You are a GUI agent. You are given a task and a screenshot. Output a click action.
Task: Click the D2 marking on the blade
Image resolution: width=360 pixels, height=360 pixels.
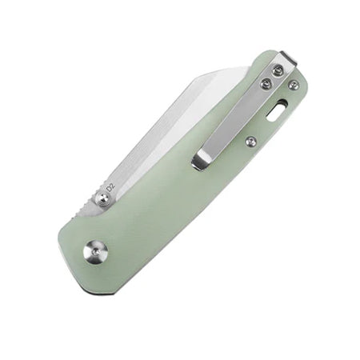point(110,186)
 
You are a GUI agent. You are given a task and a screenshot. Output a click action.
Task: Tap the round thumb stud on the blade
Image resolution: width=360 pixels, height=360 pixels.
point(102,199)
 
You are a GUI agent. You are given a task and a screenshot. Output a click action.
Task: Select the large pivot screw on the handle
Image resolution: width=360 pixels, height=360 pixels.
point(96,251)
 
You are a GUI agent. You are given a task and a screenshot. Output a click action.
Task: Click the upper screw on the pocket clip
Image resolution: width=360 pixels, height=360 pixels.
point(278,70)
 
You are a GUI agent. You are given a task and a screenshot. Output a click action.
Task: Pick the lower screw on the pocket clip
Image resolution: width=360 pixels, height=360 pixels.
point(266,85)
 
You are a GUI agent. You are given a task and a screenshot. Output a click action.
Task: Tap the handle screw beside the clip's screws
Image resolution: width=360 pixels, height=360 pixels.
point(294,85)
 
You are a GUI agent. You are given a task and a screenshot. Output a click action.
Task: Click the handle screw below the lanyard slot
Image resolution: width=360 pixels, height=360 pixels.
point(250,142)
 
